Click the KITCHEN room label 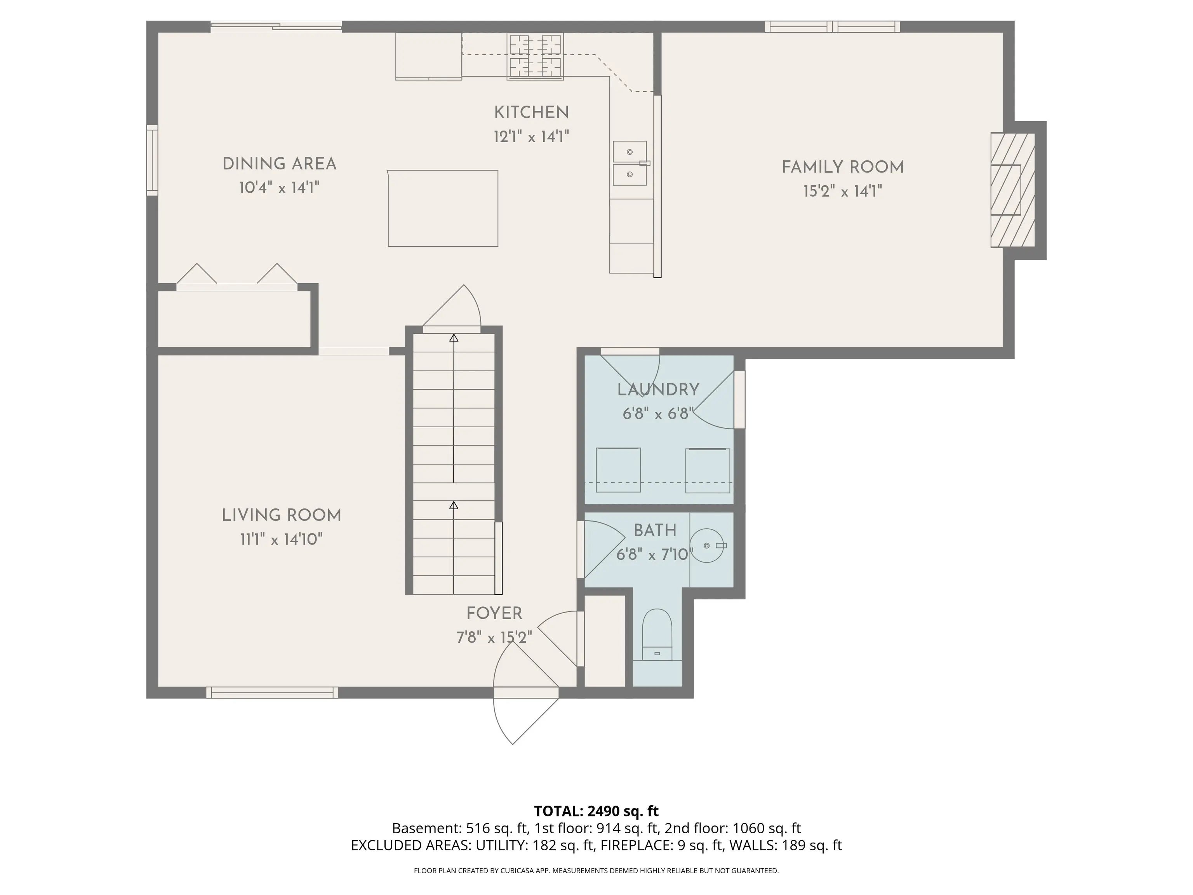(x=531, y=113)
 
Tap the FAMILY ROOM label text (x=842, y=167)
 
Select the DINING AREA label (x=279, y=164)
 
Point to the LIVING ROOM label (x=282, y=515)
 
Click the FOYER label (x=494, y=613)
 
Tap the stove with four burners (x=535, y=56)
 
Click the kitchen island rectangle (x=443, y=208)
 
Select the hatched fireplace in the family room (x=1012, y=190)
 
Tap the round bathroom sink (x=708, y=545)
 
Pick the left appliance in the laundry (x=618, y=470)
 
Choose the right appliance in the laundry (x=708, y=470)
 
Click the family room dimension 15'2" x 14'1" (x=842, y=192)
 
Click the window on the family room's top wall (x=833, y=26)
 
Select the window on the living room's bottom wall (x=272, y=693)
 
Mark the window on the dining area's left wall (x=152, y=160)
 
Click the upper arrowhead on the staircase (x=454, y=338)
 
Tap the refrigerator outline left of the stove (x=429, y=56)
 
